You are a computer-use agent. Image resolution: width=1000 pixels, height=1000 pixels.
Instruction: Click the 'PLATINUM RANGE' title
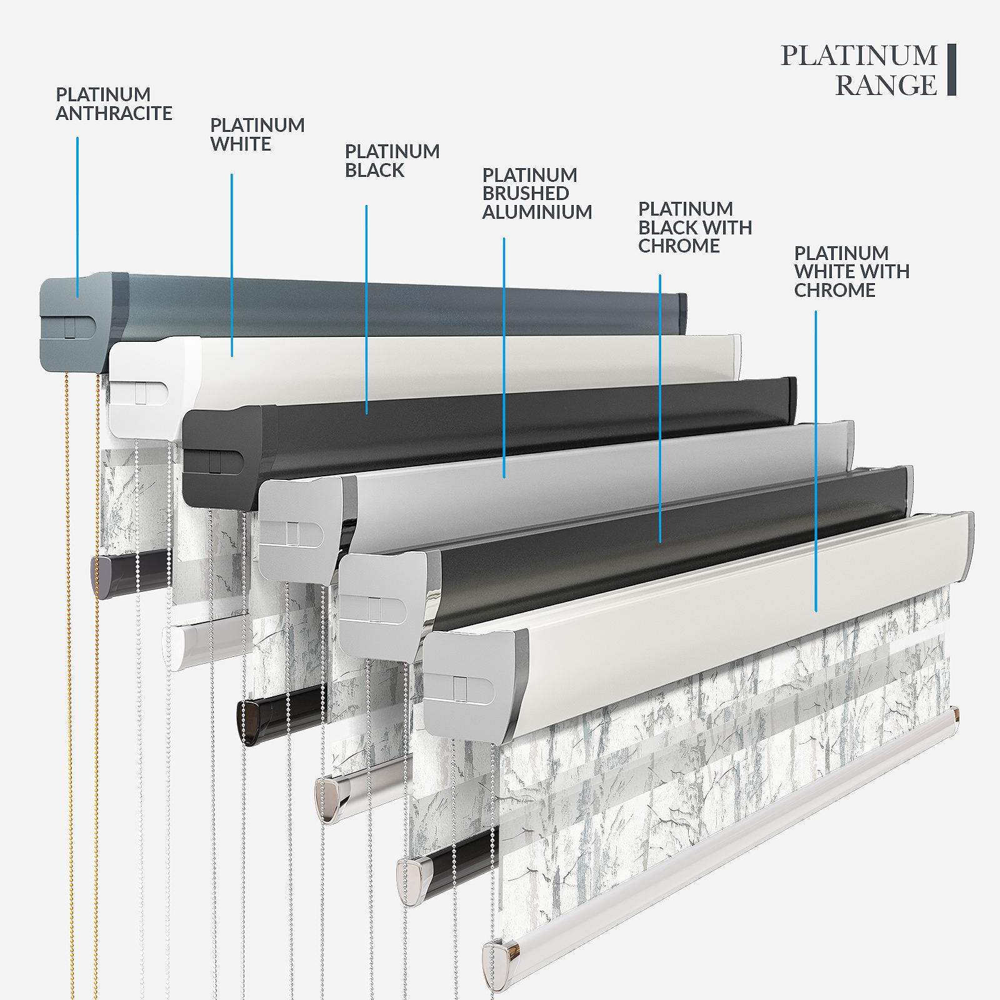pyautogui.click(x=859, y=70)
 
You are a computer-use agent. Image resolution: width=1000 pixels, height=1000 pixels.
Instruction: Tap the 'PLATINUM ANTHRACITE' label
pyautogui.click(x=114, y=104)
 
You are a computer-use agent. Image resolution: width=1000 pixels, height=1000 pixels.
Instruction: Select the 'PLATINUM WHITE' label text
pyautogui.click(x=257, y=134)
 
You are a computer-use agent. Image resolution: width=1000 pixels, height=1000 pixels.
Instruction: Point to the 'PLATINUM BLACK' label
pyautogui.click(x=392, y=161)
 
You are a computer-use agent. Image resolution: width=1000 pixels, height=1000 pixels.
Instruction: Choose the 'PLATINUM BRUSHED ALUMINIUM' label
pyautogui.click(x=536, y=194)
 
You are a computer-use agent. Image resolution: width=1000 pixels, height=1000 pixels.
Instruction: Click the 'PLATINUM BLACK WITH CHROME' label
pyautogui.click(x=694, y=227)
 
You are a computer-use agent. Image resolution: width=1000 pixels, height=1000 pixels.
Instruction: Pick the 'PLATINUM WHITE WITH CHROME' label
pyautogui.click(x=851, y=272)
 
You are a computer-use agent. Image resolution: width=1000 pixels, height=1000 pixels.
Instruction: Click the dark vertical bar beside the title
pyautogui.click(x=952, y=69)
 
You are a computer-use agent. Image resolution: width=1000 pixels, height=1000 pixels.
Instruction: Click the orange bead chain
pyautogui.click(x=69, y=687)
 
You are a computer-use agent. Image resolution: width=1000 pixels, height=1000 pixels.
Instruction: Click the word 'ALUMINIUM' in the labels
pyautogui.click(x=537, y=212)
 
